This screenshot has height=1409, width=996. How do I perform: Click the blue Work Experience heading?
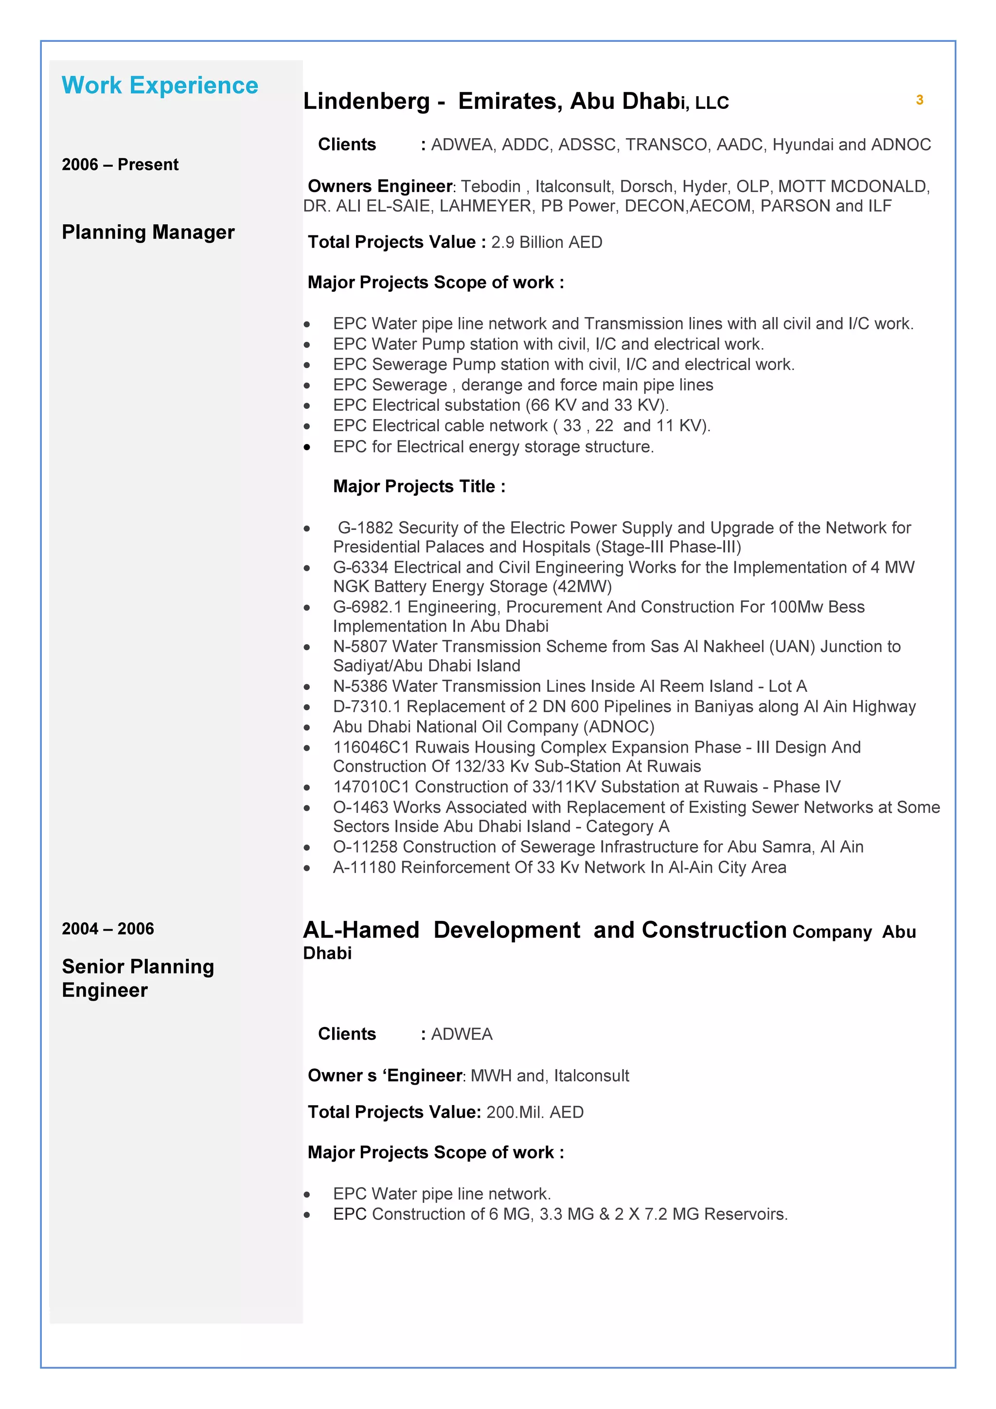point(160,85)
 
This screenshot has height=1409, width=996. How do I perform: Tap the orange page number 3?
point(919,100)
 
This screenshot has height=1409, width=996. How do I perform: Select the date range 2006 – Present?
point(120,164)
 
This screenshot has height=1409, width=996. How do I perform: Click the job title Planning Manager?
point(148,232)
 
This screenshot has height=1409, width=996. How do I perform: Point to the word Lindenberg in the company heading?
point(366,101)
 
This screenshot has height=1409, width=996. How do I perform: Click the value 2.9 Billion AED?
point(546,243)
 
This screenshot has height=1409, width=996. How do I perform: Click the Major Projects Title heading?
point(419,487)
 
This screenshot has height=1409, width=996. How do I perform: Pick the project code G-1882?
point(365,528)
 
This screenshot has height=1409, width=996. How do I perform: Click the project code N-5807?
point(360,646)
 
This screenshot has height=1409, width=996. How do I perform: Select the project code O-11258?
point(366,847)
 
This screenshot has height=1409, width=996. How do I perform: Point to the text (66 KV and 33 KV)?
point(597,405)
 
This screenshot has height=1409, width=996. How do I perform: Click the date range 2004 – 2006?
point(108,929)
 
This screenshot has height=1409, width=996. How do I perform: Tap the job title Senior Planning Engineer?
point(138,978)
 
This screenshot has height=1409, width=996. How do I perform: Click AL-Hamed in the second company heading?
point(361,930)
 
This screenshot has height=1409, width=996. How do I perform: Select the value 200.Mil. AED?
point(534,1112)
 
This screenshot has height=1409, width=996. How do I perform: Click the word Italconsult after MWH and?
point(591,1076)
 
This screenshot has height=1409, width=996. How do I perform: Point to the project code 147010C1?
point(371,787)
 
